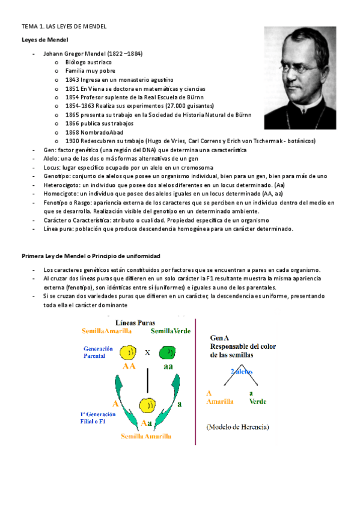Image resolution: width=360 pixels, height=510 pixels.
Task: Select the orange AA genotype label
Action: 129,366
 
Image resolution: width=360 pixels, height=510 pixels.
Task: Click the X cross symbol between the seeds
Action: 147,353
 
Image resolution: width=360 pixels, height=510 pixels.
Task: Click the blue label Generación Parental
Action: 96,352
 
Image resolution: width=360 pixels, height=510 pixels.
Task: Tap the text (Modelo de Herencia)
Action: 237,428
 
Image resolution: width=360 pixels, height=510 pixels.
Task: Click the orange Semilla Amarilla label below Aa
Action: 145,435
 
